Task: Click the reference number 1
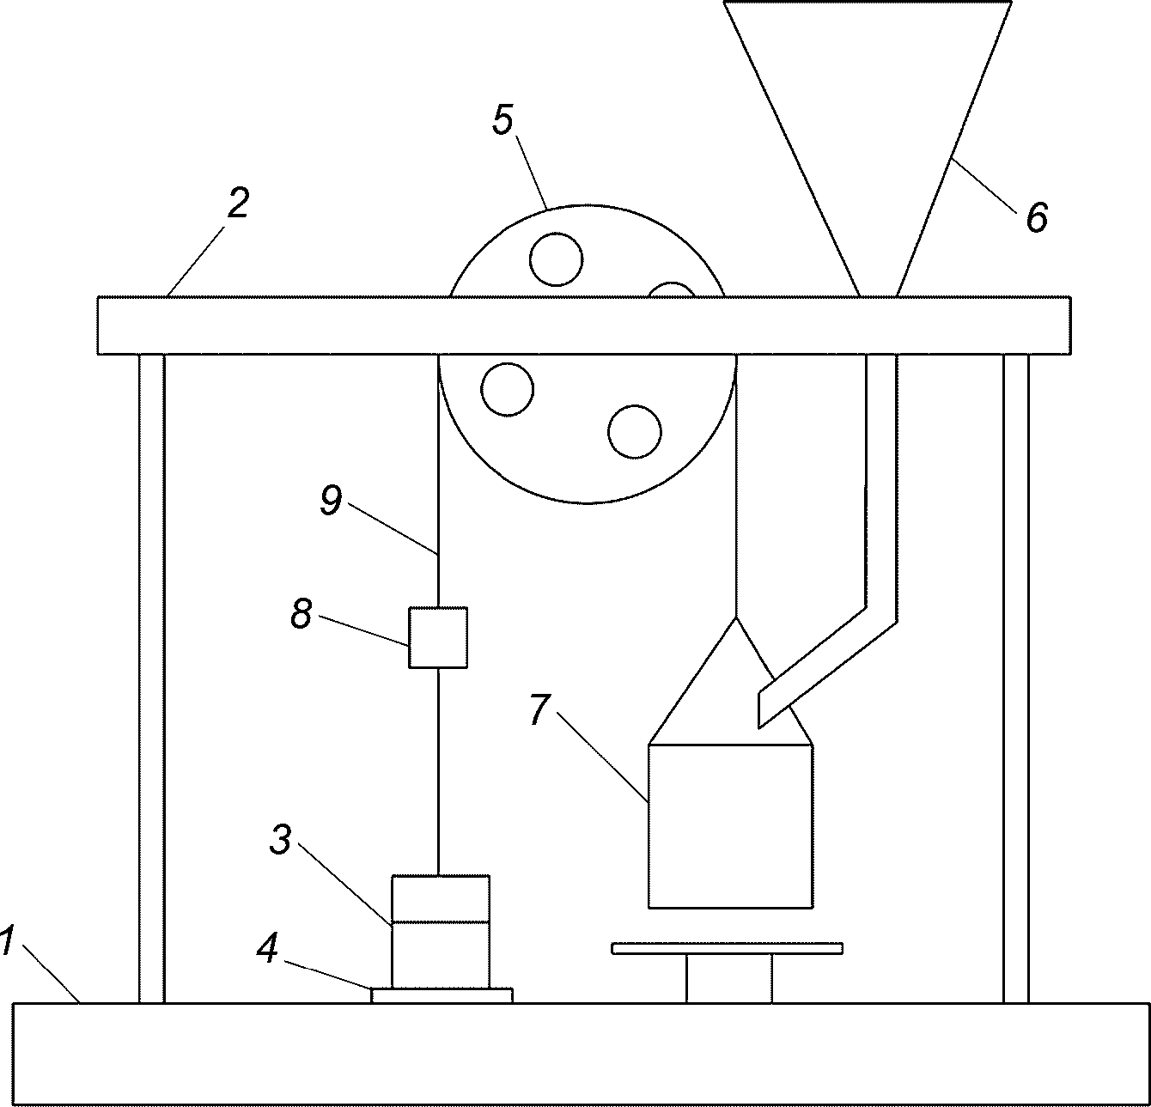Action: pyautogui.click(x=6, y=940)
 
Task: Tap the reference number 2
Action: pyautogui.click(x=238, y=204)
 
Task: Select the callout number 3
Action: pyautogui.click(x=281, y=840)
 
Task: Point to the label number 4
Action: pyautogui.click(x=267, y=949)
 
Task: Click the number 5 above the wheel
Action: pyautogui.click(x=502, y=120)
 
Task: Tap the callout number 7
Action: pyautogui.click(x=540, y=709)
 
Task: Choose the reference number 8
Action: pyautogui.click(x=301, y=613)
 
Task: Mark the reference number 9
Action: pyautogui.click(x=331, y=501)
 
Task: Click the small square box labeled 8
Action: pyautogui.click(x=438, y=637)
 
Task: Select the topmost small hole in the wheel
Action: pyautogui.click(x=556, y=259)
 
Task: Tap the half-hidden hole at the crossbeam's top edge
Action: pyautogui.click(x=672, y=289)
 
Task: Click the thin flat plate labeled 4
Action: pyautogui.click(x=442, y=995)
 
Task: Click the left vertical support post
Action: pyautogui.click(x=151, y=678)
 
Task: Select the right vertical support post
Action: pyautogui.click(x=1016, y=678)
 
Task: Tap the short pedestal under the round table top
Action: pyautogui.click(x=728, y=978)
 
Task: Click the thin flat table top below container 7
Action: pyautogui.click(x=728, y=948)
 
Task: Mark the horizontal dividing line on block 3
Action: pyautogui.click(x=441, y=921)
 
